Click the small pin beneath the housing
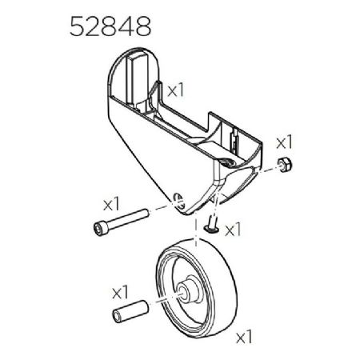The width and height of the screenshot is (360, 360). click(209, 227)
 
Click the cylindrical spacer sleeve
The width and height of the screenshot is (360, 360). click(130, 310)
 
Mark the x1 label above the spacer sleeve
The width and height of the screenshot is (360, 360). click(121, 287)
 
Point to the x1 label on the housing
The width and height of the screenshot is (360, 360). click(177, 87)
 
